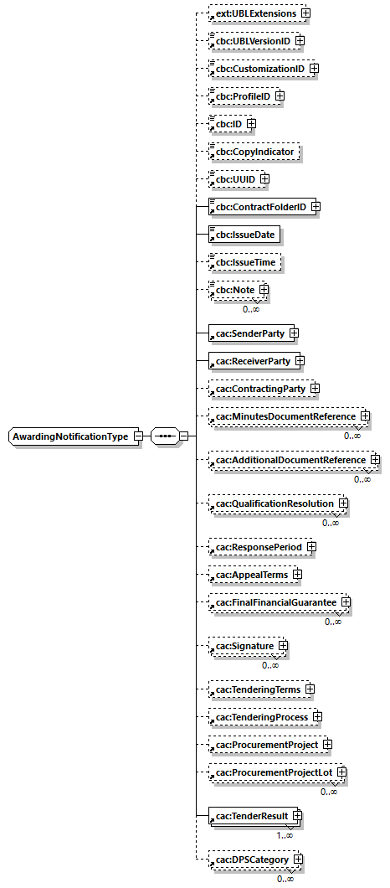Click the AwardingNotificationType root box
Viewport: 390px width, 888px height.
70,437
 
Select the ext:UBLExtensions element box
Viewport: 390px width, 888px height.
254,13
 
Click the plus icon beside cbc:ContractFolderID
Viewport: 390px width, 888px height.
316,207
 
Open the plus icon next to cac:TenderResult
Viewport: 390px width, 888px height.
297,816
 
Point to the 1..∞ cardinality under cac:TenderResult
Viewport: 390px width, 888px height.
285,835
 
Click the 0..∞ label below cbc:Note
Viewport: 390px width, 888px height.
250,309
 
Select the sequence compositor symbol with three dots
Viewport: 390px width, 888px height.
165,437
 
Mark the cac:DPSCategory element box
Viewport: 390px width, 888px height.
248,860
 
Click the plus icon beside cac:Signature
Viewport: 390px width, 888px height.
284,646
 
